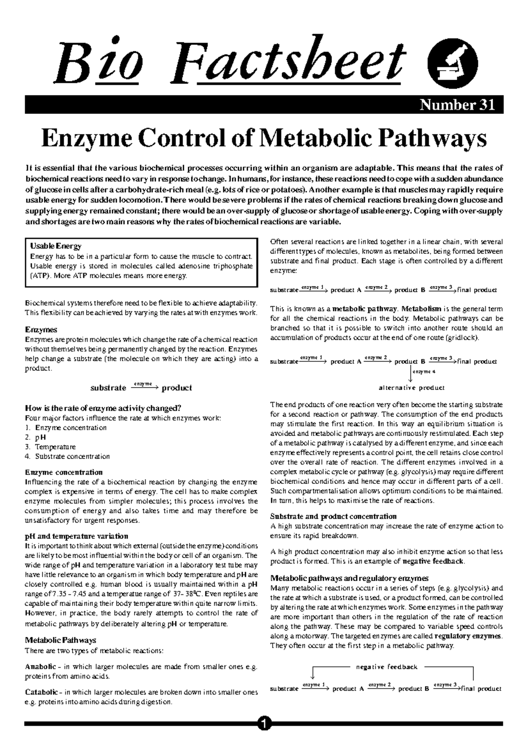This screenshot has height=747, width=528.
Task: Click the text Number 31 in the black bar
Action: coord(457,105)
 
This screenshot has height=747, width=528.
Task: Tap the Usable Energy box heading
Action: coord(55,246)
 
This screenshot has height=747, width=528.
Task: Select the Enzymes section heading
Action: coord(41,330)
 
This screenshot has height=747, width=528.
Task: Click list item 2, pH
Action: coord(40,437)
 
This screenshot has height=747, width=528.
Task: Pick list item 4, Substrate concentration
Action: coord(72,457)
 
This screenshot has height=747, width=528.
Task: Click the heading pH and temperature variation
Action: coord(77,536)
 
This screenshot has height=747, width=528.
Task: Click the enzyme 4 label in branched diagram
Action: coord(424,372)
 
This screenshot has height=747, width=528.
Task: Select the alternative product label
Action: coord(411,388)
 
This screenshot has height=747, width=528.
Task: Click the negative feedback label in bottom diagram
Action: coord(386,667)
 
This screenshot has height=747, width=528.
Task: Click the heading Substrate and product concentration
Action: coord(333,516)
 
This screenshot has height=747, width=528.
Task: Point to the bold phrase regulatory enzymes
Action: coord(468,636)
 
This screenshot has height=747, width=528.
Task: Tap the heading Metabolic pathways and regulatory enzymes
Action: coord(349,578)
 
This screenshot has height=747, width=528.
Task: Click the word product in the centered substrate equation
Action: coord(177,388)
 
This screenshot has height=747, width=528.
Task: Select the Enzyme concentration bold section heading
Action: coord(64,472)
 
